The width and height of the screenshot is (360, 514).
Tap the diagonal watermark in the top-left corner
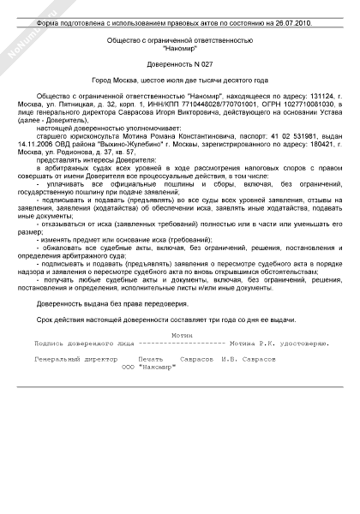pos(21,23)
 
